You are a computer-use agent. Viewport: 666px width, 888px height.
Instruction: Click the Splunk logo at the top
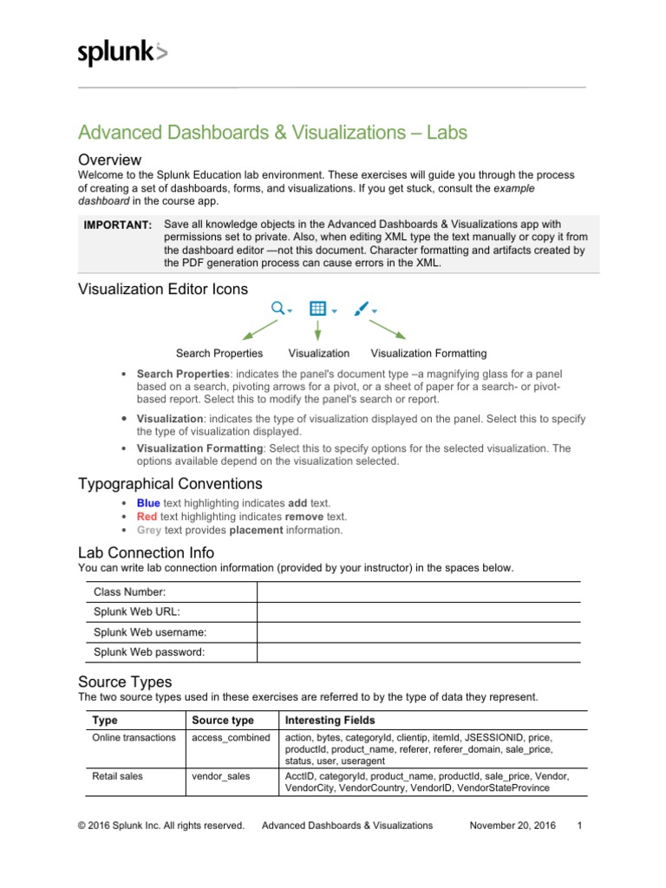(x=122, y=54)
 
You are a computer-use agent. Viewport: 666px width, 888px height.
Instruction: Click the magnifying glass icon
(x=277, y=308)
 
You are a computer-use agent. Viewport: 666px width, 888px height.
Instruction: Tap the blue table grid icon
(x=317, y=308)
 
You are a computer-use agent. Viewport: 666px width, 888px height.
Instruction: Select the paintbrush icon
(x=362, y=308)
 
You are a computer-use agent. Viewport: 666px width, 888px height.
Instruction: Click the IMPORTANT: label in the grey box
(x=118, y=225)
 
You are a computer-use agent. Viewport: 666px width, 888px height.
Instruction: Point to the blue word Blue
(x=148, y=503)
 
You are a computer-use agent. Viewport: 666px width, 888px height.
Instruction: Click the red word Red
(x=147, y=516)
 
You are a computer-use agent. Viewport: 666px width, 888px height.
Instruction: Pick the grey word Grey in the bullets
(x=148, y=530)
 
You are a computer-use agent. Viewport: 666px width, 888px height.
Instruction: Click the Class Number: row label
(x=130, y=591)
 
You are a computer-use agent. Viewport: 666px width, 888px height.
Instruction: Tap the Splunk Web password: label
(x=149, y=652)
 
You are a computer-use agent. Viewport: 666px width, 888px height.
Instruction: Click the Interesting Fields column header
(x=331, y=721)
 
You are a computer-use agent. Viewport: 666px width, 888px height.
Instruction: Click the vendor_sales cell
(x=220, y=776)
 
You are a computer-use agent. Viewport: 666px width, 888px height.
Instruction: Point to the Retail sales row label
(x=117, y=776)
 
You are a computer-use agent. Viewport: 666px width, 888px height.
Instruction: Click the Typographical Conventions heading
(x=170, y=483)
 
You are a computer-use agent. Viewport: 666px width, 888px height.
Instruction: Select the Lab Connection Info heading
(x=146, y=552)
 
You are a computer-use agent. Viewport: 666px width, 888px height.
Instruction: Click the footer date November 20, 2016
(x=513, y=826)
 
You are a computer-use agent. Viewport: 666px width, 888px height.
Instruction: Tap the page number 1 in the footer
(x=579, y=826)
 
